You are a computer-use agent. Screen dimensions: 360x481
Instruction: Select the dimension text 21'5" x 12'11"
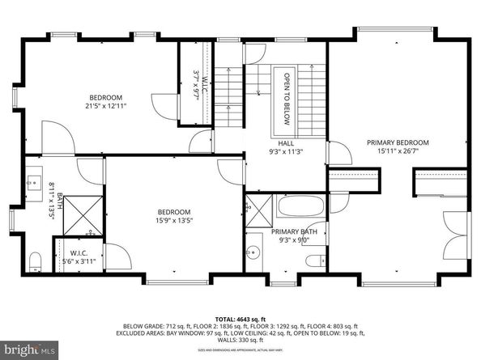tap(106, 105)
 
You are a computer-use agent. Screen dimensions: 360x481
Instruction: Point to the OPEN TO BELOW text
tap(286, 100)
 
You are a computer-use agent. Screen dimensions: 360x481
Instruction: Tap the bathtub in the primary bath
tap(300, 206)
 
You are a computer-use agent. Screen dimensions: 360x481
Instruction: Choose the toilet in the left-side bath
tap(35, 260)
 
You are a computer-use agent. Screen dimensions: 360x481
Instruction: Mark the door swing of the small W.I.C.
tap(115, 257)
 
